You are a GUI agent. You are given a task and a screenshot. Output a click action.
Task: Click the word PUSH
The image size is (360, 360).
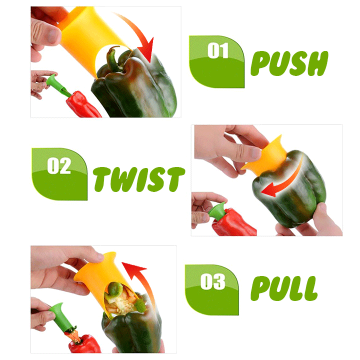(x=289, y=63)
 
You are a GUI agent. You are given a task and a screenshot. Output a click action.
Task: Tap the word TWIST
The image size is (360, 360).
(x=139, y=179)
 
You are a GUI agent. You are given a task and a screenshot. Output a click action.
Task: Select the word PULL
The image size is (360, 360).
(x=284, y=288)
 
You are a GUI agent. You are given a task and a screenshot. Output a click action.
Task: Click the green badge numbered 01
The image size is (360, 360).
(x=216, y=61)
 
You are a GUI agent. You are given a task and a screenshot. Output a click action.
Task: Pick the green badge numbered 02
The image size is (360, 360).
(x=59, y=174)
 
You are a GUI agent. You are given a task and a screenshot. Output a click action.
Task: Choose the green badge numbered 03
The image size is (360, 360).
(x=211, y=289)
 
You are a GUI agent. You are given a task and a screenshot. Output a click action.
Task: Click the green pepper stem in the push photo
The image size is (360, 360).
(x=113, y=59)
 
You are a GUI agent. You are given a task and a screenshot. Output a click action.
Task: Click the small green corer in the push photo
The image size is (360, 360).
(x=57, y=84)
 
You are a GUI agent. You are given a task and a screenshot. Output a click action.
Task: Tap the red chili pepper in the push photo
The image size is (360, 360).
(x=82, y=105)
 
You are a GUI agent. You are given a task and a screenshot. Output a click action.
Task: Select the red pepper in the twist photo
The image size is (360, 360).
(x=233, y=222)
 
